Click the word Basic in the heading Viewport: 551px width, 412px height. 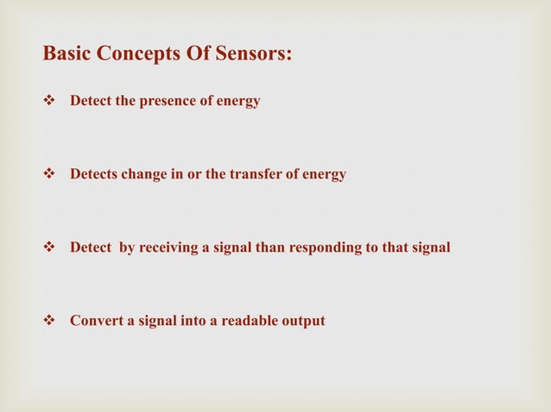tap(66, 54)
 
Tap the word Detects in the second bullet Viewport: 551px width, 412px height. tap(93, 175)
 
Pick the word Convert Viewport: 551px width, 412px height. tap(94, 321)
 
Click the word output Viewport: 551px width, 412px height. tap(303, 321)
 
